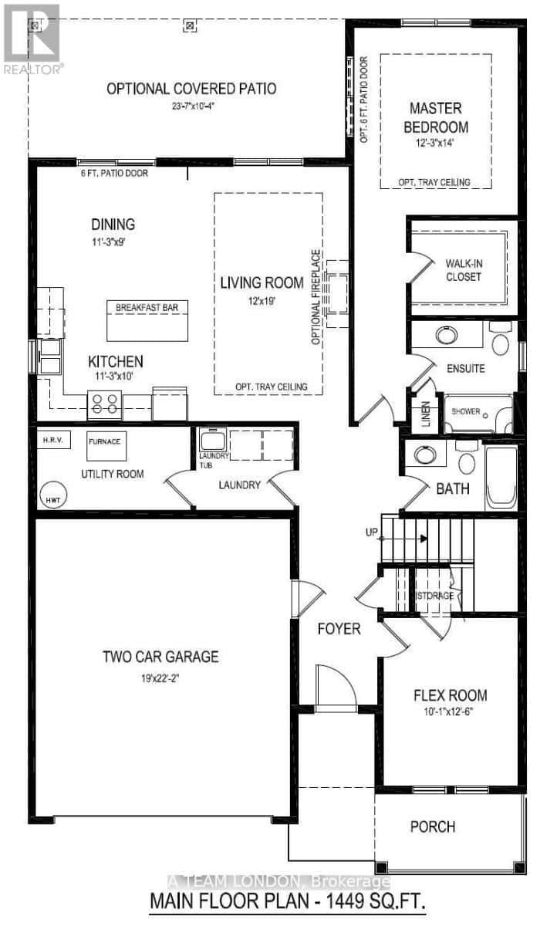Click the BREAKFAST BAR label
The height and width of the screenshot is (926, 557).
tap(147, 307)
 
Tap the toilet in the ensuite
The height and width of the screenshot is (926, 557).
tap(501, 343)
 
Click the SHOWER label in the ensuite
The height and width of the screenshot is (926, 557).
tap(466, 411)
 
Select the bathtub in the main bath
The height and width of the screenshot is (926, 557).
tap(501, 474)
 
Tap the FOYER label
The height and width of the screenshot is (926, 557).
tap(339, 629)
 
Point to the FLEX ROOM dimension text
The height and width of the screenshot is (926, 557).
tap(450, 712)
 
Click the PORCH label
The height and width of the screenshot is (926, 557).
tap(432, 826)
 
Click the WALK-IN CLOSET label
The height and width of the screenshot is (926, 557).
tap(463, 270)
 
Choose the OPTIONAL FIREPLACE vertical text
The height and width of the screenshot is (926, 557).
tap(316, 297)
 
